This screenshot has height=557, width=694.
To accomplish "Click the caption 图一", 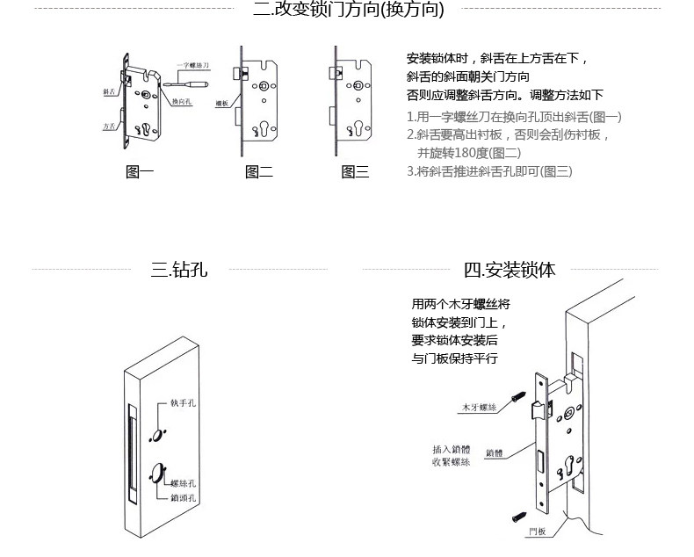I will [140, 172].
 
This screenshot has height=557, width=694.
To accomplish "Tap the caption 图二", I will [258, 172].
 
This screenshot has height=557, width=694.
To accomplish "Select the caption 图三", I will [355, 172].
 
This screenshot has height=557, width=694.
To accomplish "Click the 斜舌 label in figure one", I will [110, 90].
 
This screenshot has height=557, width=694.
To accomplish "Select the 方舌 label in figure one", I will [110, 127].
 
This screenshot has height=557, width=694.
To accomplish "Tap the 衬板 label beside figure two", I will [222, 103].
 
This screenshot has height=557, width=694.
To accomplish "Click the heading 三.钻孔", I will [178, 270].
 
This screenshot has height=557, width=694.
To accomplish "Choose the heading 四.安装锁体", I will [510, 270].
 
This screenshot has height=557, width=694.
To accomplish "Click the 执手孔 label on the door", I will [183, 405].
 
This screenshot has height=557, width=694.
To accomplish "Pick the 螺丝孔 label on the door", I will [183, 483].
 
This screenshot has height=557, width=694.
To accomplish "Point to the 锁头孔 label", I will [183, 497].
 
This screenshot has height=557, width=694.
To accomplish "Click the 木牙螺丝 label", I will [480, 408].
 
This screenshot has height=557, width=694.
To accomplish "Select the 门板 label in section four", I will [538, 532].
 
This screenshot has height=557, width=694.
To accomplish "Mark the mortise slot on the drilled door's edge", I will [132, 457].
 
